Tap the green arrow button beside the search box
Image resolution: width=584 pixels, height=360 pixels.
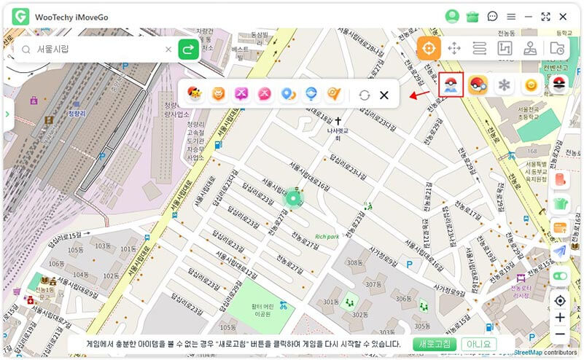[188, 50]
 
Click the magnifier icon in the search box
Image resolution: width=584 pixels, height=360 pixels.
[26, 50]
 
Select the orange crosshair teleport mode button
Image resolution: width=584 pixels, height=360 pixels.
[429, 49]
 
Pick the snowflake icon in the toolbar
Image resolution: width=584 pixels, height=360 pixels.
[502, 85]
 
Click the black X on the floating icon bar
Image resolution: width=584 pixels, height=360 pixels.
[384, 95]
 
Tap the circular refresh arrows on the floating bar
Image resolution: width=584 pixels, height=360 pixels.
[365, 95]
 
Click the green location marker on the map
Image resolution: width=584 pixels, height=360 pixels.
[293, 197]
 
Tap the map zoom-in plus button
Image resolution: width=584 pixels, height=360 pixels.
[560, 318]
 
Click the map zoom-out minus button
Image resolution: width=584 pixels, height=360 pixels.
[560, 334]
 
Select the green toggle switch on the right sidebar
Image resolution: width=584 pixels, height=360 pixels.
[560, 276]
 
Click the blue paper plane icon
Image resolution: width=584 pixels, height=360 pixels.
[560, 251]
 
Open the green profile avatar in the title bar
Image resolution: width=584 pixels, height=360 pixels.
[452, 16]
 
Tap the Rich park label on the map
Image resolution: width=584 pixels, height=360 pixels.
[327, 236]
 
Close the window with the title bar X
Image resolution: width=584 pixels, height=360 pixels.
[564, 16]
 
